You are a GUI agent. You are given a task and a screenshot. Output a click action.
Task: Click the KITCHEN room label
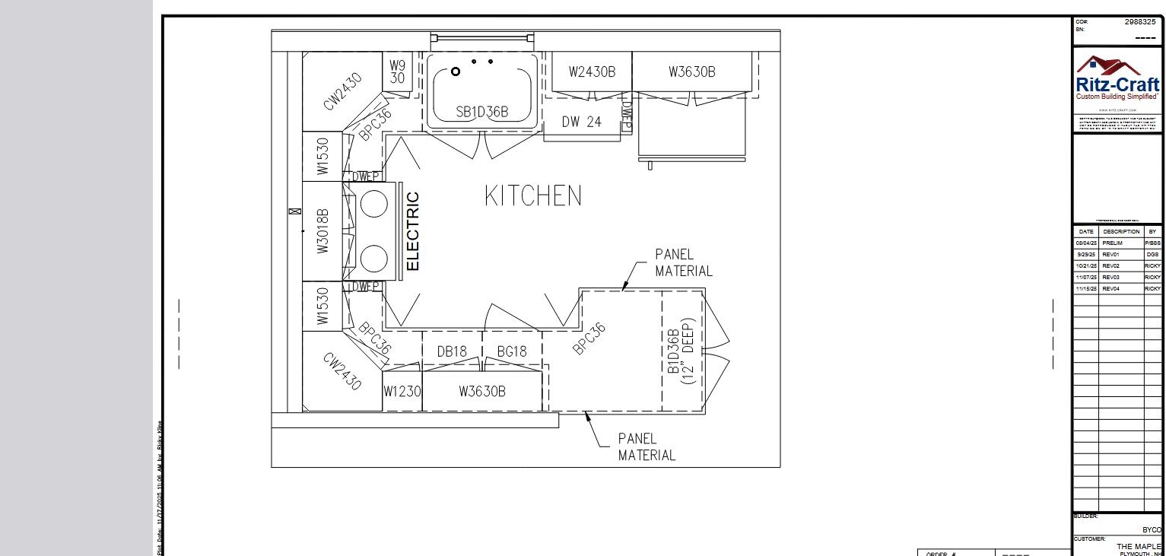pos(532,196)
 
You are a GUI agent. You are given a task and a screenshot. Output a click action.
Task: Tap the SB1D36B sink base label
pos(481,113)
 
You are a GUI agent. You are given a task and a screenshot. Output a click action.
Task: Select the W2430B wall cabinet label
pos(592,72)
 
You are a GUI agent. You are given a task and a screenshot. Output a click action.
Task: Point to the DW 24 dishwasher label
pos(581,122)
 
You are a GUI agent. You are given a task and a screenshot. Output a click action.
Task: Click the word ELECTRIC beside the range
pos(412,231)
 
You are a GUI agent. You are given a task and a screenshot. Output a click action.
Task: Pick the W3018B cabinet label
pos(322,231)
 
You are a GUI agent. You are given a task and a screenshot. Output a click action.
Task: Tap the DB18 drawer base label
pos(452,351)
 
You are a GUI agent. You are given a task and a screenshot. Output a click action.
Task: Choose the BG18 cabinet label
pos(511,351)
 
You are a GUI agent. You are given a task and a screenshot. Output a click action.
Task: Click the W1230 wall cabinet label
pos(402,392)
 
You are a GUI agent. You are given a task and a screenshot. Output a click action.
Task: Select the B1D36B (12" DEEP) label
pos(680,351)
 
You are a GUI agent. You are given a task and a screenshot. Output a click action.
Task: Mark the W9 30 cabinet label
pos(397,72)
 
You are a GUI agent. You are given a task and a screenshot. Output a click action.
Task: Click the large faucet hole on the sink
pos(456,71)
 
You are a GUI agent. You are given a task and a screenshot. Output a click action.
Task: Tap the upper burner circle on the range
pos(373,204)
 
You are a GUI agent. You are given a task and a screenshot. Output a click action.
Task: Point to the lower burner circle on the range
pos(373,259)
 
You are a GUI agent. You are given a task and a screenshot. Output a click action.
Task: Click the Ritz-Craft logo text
pos(1117,85)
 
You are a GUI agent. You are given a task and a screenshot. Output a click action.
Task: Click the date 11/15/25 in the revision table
pos(1085,289)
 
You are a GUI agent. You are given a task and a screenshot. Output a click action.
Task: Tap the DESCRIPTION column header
pos(1120,231)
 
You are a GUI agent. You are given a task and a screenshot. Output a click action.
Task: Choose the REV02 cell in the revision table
pos(1111,266)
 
